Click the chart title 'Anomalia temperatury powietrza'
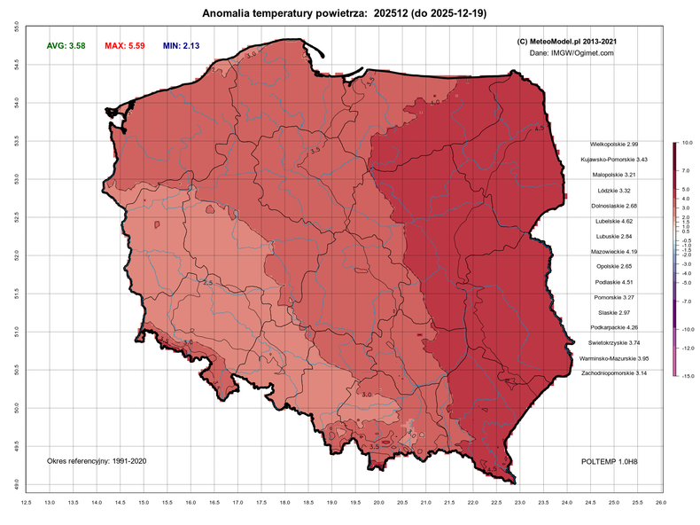[284, 13]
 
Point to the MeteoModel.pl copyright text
[566, 41]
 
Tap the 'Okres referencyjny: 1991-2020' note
[96, 461]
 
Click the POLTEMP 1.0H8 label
[611, 461]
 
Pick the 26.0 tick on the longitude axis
[660, 503]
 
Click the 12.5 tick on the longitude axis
[27, 503]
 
